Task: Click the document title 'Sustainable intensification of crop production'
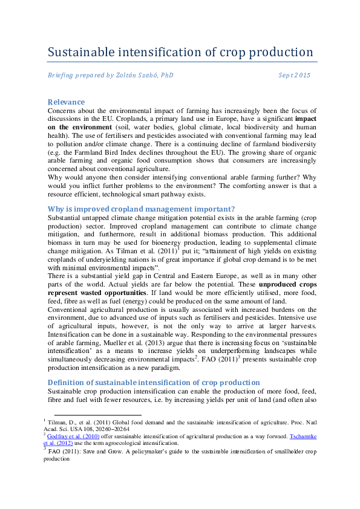tap(180, 52)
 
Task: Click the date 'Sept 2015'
tap(295, 76)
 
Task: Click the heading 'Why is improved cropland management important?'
tap(141, 209)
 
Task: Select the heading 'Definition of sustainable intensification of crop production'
tap(154, 383)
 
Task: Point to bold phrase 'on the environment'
tap(73, 128)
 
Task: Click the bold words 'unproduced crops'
tap(286, 284)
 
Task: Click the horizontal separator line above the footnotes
tap(94, 415)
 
